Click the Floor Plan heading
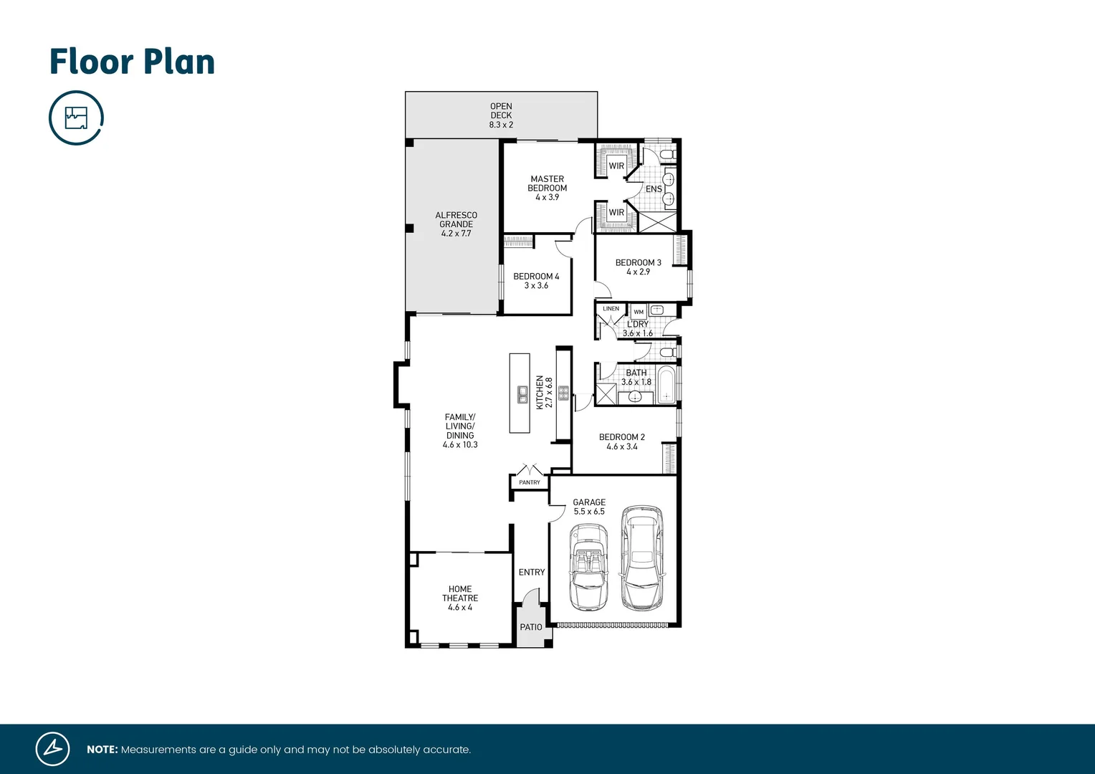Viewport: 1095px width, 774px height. [132, 62]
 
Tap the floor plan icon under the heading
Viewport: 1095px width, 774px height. [76, 118]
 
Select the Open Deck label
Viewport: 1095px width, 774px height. [501, 115]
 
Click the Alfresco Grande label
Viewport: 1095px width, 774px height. [456, 224]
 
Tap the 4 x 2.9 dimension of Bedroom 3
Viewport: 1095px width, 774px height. [638, 272]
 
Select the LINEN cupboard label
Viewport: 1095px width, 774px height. [611, 309]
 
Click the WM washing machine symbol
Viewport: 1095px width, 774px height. [639, 312]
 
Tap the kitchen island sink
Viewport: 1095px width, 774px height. [522, 394]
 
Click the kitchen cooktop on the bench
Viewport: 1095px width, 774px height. [563, 393]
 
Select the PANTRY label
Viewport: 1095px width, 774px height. [530, 482]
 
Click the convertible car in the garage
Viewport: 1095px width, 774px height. [588, 566]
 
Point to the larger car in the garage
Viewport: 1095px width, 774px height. [641, 558]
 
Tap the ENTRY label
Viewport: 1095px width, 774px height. [531, 573]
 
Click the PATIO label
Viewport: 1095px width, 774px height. [531, 627]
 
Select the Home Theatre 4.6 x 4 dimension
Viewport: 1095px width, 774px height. [460, 608]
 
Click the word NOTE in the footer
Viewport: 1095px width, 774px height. [102, 750]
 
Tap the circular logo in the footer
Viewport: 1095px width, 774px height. [53, 749]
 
